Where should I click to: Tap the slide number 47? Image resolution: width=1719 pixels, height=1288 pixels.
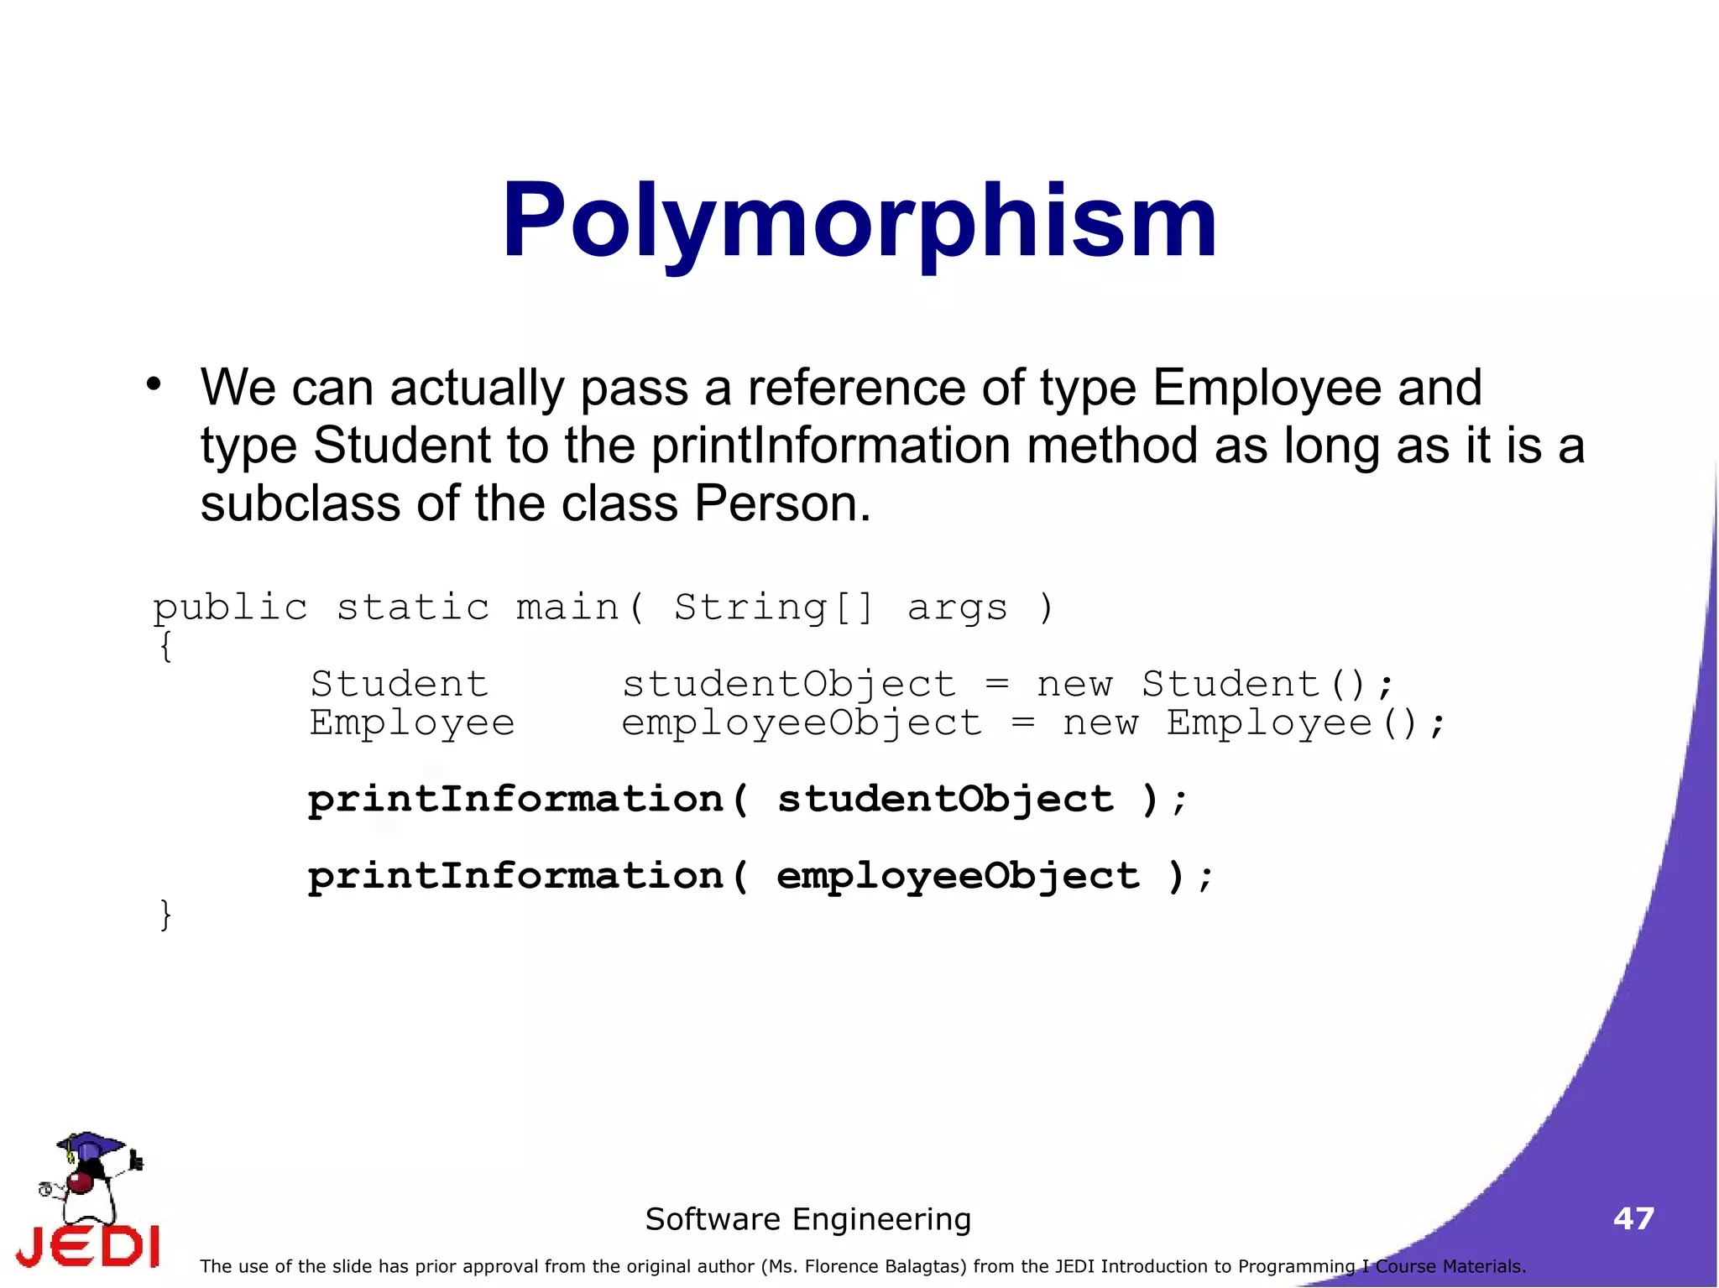(x=1633, y=1218)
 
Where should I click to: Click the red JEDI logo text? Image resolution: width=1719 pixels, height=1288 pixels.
(x=88, y=1246)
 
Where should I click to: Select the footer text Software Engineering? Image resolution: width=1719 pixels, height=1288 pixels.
(x=807, y=1219)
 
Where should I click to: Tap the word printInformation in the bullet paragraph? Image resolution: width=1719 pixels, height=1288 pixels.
(x=831, y=445)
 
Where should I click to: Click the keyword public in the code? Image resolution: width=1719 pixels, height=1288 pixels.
(x=230, y=607)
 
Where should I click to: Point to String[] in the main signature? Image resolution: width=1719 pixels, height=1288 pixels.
(x=773, y=607)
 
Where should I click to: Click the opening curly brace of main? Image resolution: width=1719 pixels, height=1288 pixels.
(x=165, y=646)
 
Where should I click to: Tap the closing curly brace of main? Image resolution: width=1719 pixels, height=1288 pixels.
(x=165, y=915)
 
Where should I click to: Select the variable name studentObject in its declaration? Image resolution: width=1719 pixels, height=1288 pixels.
(x=788, y=685)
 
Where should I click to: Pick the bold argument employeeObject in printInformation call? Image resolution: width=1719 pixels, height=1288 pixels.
(x=958, y=877)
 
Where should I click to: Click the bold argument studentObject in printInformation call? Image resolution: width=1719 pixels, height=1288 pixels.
(x=945, y=800)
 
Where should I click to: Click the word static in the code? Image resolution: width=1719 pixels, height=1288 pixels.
(x=412, y=607)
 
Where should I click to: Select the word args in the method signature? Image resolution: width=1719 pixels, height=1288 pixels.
(x=957, y=607)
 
